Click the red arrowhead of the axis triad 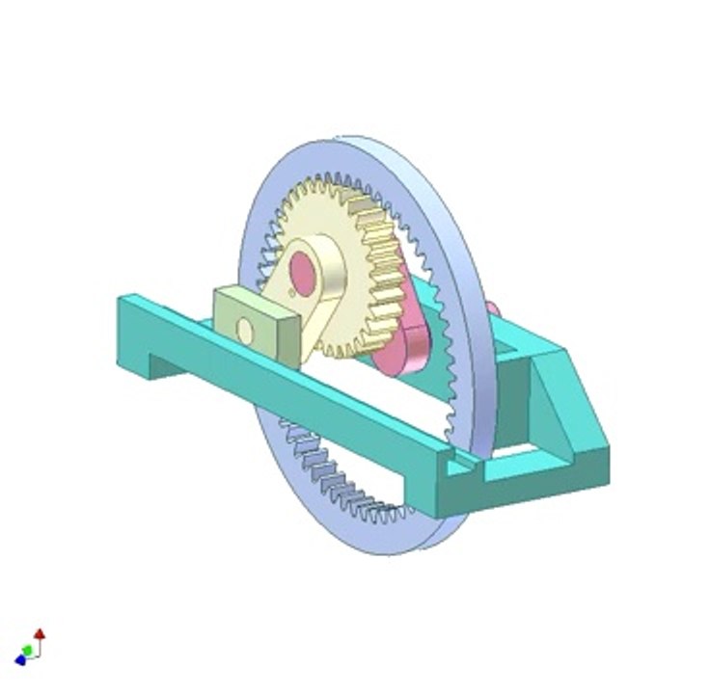tap(40, 633)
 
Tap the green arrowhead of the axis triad tap(29, 651)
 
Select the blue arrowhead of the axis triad tap(20, 660)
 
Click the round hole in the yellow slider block tap(245, 331)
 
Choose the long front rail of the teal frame tap(289, 386)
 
